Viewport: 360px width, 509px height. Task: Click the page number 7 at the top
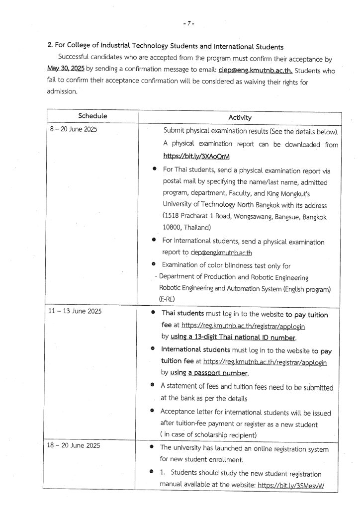188,23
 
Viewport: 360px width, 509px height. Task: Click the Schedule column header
92,116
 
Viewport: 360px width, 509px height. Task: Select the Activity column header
240,117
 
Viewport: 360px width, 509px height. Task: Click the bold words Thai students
182,315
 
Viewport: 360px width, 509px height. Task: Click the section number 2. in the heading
50,47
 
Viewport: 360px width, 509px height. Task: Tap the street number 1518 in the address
174,217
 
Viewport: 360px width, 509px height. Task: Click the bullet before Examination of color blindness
154,264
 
